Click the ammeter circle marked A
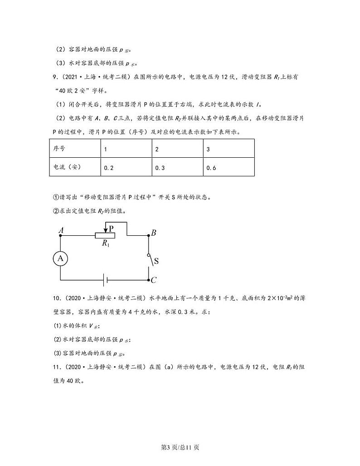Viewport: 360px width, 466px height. (x=61, y=258)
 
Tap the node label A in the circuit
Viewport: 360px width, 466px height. (x=61, y=230)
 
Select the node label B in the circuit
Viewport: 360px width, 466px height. (x=154, y=233)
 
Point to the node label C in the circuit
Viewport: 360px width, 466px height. (x=154, y=280)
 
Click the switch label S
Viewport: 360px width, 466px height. (x=156, y=261)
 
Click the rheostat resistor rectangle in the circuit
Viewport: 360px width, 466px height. (x=105, y=235)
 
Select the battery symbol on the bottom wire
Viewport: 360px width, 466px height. (x=105, y=280)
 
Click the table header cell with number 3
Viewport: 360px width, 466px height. (x=229, y=149)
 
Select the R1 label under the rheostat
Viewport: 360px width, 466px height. (x=106, y=243)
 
